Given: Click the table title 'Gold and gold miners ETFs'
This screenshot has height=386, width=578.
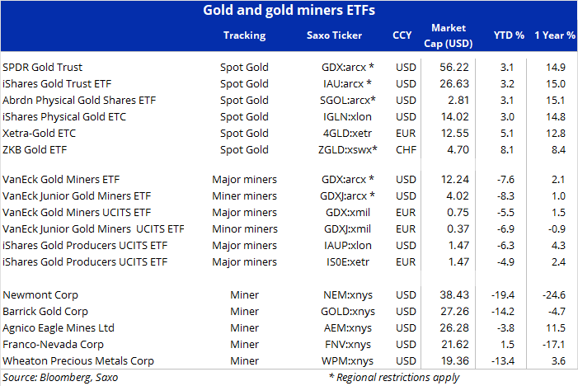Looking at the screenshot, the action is [289, 11].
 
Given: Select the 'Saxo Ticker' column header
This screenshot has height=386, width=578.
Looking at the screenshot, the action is [334, 35].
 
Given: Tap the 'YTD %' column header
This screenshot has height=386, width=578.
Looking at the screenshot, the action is [509, 35].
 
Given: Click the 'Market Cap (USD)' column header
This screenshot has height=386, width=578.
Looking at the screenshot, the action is [449, 35].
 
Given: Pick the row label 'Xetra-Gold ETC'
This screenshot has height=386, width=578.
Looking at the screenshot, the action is [39, 133].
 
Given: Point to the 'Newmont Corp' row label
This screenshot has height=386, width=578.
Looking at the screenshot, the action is [40, 295].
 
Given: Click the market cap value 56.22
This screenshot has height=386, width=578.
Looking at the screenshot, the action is [454, 67].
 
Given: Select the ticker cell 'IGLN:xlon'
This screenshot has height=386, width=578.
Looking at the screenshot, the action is [347, 117].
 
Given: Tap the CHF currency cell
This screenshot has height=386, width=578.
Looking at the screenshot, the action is [406, 149].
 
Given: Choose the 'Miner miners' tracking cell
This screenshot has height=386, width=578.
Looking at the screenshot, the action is [244, 195].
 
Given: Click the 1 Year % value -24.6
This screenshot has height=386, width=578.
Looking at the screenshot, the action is [553, 295].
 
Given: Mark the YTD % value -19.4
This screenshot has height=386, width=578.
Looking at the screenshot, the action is [503, 295].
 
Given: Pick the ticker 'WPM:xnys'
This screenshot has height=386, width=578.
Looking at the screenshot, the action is [347, 361].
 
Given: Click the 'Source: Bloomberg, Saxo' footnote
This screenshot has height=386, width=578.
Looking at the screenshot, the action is [60, 378].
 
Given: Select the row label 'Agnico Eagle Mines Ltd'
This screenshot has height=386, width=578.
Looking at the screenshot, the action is [59, 328].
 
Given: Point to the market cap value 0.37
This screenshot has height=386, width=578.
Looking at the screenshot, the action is [458, 229].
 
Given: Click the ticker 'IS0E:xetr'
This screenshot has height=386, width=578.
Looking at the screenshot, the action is [348, 262].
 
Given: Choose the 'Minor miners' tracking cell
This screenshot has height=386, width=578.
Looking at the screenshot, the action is [245, 229].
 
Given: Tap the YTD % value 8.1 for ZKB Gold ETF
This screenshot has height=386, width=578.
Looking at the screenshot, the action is [507, 149].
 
